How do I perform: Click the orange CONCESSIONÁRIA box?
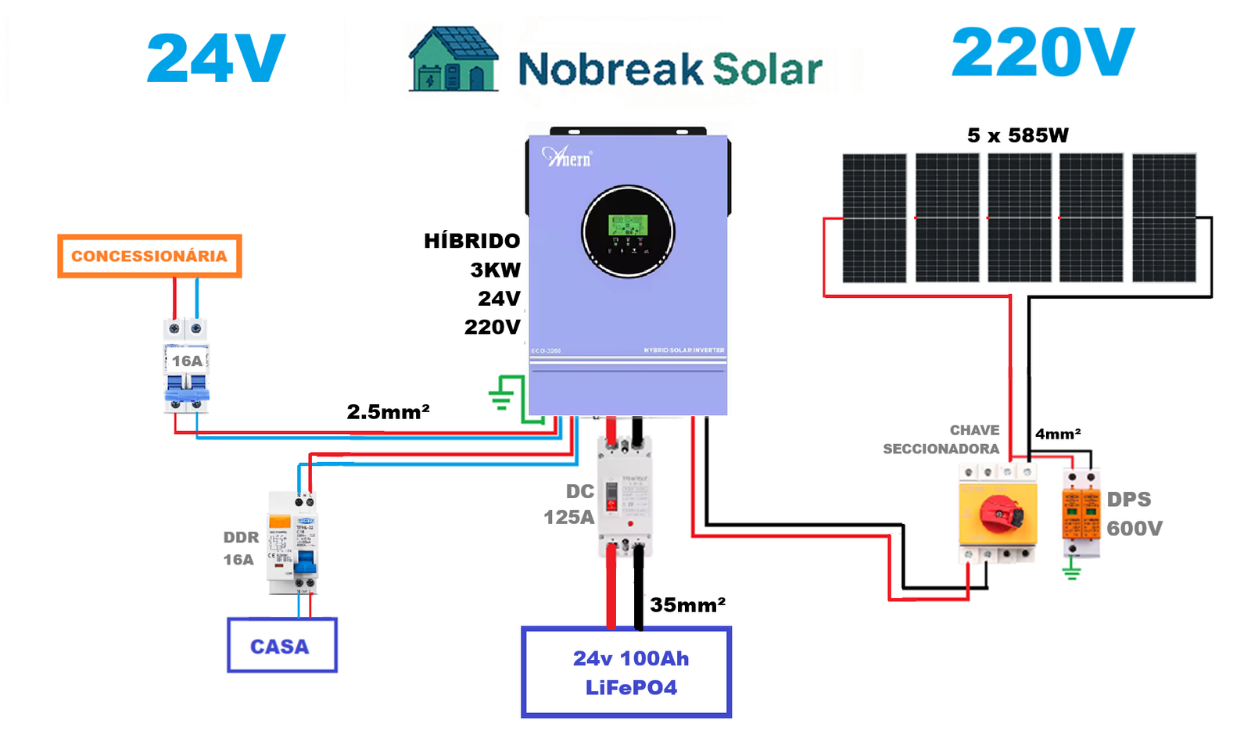click(x=149, y=256)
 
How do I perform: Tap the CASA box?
click(x=281, y=646)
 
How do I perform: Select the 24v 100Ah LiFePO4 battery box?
click(x=626, y=672)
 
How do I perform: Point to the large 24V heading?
click(x=216, y=59)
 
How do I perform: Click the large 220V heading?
click(x=1042, y=53)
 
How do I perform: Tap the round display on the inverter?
click(x=628, y=231)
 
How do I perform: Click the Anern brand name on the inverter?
click(x=568, y=158)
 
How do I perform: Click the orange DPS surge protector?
click(x=1081, y=512)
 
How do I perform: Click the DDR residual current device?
click(x=292, y=543)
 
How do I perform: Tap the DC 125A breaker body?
click(x=625, y=497)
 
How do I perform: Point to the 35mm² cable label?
click(x=687, y=604)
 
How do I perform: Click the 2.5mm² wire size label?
click(x=388, y=411)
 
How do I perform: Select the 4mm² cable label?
click(x=1058, y=434)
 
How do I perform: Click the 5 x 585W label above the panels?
click(x=1017, y=135)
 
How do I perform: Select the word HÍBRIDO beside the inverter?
click(x=471, y=241)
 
